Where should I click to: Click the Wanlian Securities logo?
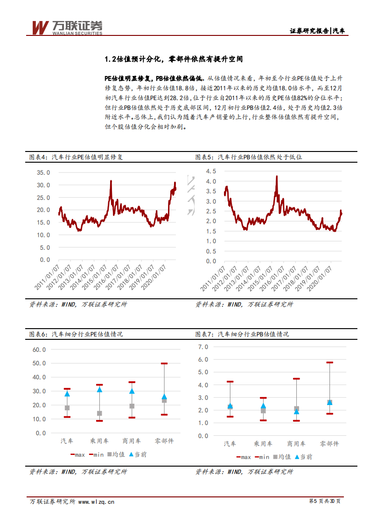[66, 27]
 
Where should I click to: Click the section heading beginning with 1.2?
[174, 59]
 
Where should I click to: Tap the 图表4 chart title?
[77, 157]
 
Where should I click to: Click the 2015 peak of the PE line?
[111, 181]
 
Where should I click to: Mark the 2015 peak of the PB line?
[277, 177]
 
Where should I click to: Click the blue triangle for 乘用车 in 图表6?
[99, 389]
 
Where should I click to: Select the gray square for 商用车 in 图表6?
[132, 406]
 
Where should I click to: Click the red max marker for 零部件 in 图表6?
[164, 363]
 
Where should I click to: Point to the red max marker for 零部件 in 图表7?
[329, 362]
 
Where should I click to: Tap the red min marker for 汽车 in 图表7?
[230, 416]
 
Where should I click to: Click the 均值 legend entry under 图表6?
[115, 454]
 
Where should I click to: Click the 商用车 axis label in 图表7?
[296, 444]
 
